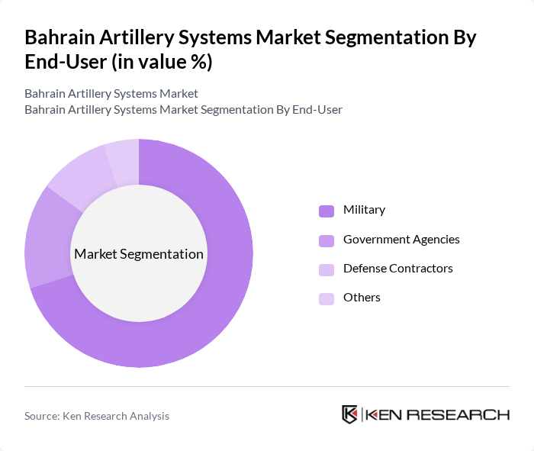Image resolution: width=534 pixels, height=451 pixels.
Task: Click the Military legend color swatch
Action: (x=327, y=211)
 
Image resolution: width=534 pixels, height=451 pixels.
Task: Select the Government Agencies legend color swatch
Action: (x=327, y=240)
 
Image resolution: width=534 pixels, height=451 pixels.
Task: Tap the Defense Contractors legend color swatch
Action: (x=327, y=269)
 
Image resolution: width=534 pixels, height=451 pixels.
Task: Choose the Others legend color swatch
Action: (x=327, y=298)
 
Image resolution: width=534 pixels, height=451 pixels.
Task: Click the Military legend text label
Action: (x=364, y=210)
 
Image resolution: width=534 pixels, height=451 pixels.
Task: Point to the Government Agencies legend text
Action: (x=401, y=240)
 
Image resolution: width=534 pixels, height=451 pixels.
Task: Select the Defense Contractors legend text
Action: (x=397, y=269)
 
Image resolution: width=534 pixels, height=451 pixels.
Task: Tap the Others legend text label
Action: (x=362, y=298)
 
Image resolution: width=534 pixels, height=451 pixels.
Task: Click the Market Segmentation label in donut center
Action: (x=139, y=254)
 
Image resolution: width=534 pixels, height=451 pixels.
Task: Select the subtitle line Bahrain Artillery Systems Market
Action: (x=111, y=94)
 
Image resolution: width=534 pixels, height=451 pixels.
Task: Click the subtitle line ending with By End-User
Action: (x=183, y=110)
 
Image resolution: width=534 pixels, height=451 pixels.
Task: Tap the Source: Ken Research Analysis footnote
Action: (x=97, y=416)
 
